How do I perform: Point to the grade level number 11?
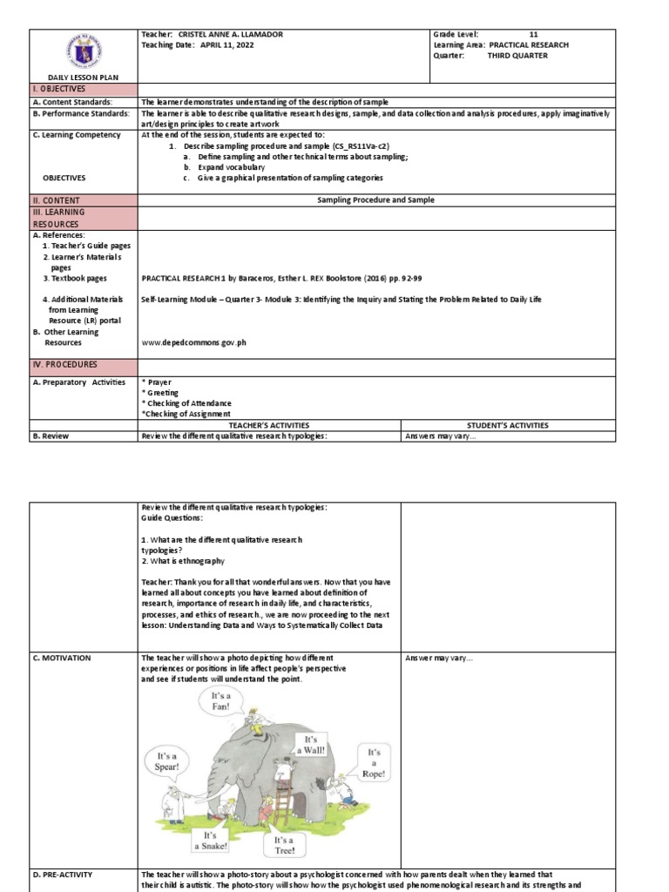click(x=545, y=34)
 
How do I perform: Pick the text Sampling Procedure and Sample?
click(x=375, y=199)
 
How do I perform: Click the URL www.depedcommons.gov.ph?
click(x=193, y=342)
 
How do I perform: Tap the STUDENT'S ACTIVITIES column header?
click(x=507, y=425)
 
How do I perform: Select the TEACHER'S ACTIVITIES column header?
click(x=269, y=425)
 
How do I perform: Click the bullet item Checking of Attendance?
click(x=188, y=402)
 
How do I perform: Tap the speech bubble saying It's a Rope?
click(x=374, y=762)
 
